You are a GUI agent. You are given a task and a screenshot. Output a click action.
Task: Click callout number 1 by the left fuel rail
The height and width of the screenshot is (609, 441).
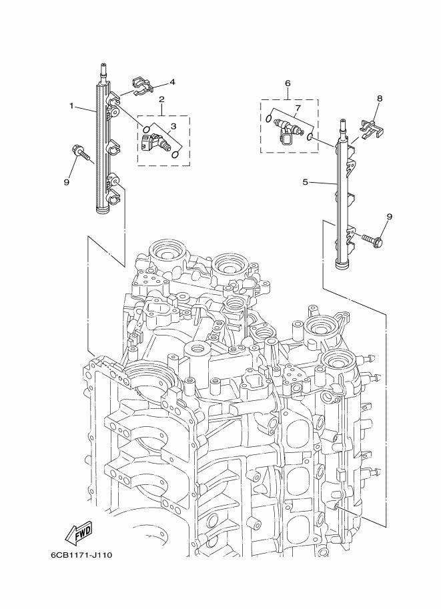tap(71, 105)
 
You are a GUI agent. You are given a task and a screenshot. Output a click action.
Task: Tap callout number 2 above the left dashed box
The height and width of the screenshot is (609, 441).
tap(161, 99)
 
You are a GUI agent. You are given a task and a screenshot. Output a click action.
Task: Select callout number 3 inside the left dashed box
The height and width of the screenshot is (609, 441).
tap(173, 126)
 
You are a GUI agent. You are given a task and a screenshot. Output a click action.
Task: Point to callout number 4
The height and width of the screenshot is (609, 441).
tap(172, 82)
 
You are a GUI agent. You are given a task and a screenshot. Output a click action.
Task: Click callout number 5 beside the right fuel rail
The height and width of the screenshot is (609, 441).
tap(306, 181)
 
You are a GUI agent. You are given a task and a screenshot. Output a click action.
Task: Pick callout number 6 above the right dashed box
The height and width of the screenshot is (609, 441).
tap(288, 83)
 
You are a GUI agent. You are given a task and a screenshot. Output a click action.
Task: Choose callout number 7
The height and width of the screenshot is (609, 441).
tap(298, 107)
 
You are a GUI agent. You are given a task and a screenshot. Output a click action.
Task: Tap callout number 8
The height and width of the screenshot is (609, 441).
tap(380, 98)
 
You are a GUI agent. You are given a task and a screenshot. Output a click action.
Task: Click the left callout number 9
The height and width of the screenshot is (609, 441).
tap(67, 181)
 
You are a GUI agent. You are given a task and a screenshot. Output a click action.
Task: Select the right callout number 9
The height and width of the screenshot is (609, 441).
tap(390, 216)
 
